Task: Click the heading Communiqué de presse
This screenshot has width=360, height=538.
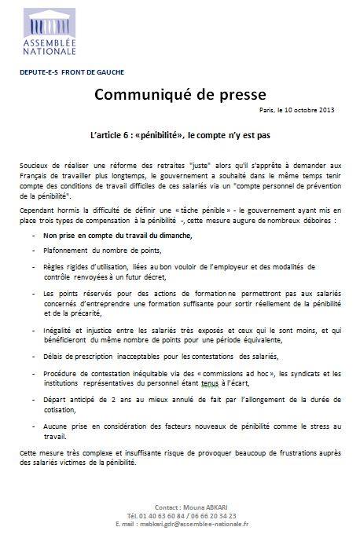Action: coord(179,96)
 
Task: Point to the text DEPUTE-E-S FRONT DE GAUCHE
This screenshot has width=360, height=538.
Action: coord(64,71)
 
